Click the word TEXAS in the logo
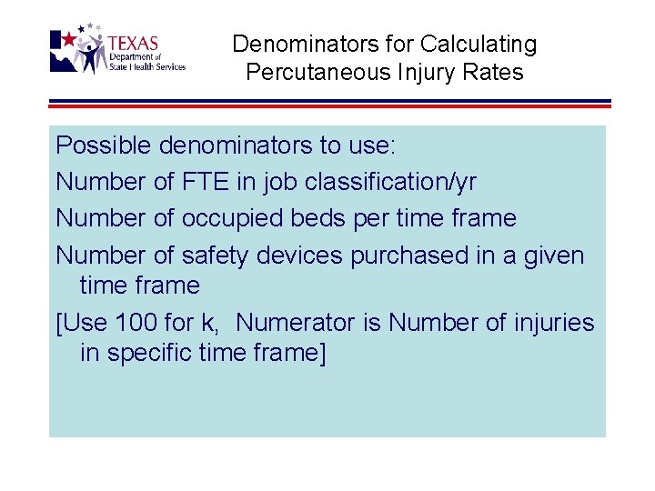[133, 43]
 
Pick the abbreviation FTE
[206, 182]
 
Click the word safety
[215, 256]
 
